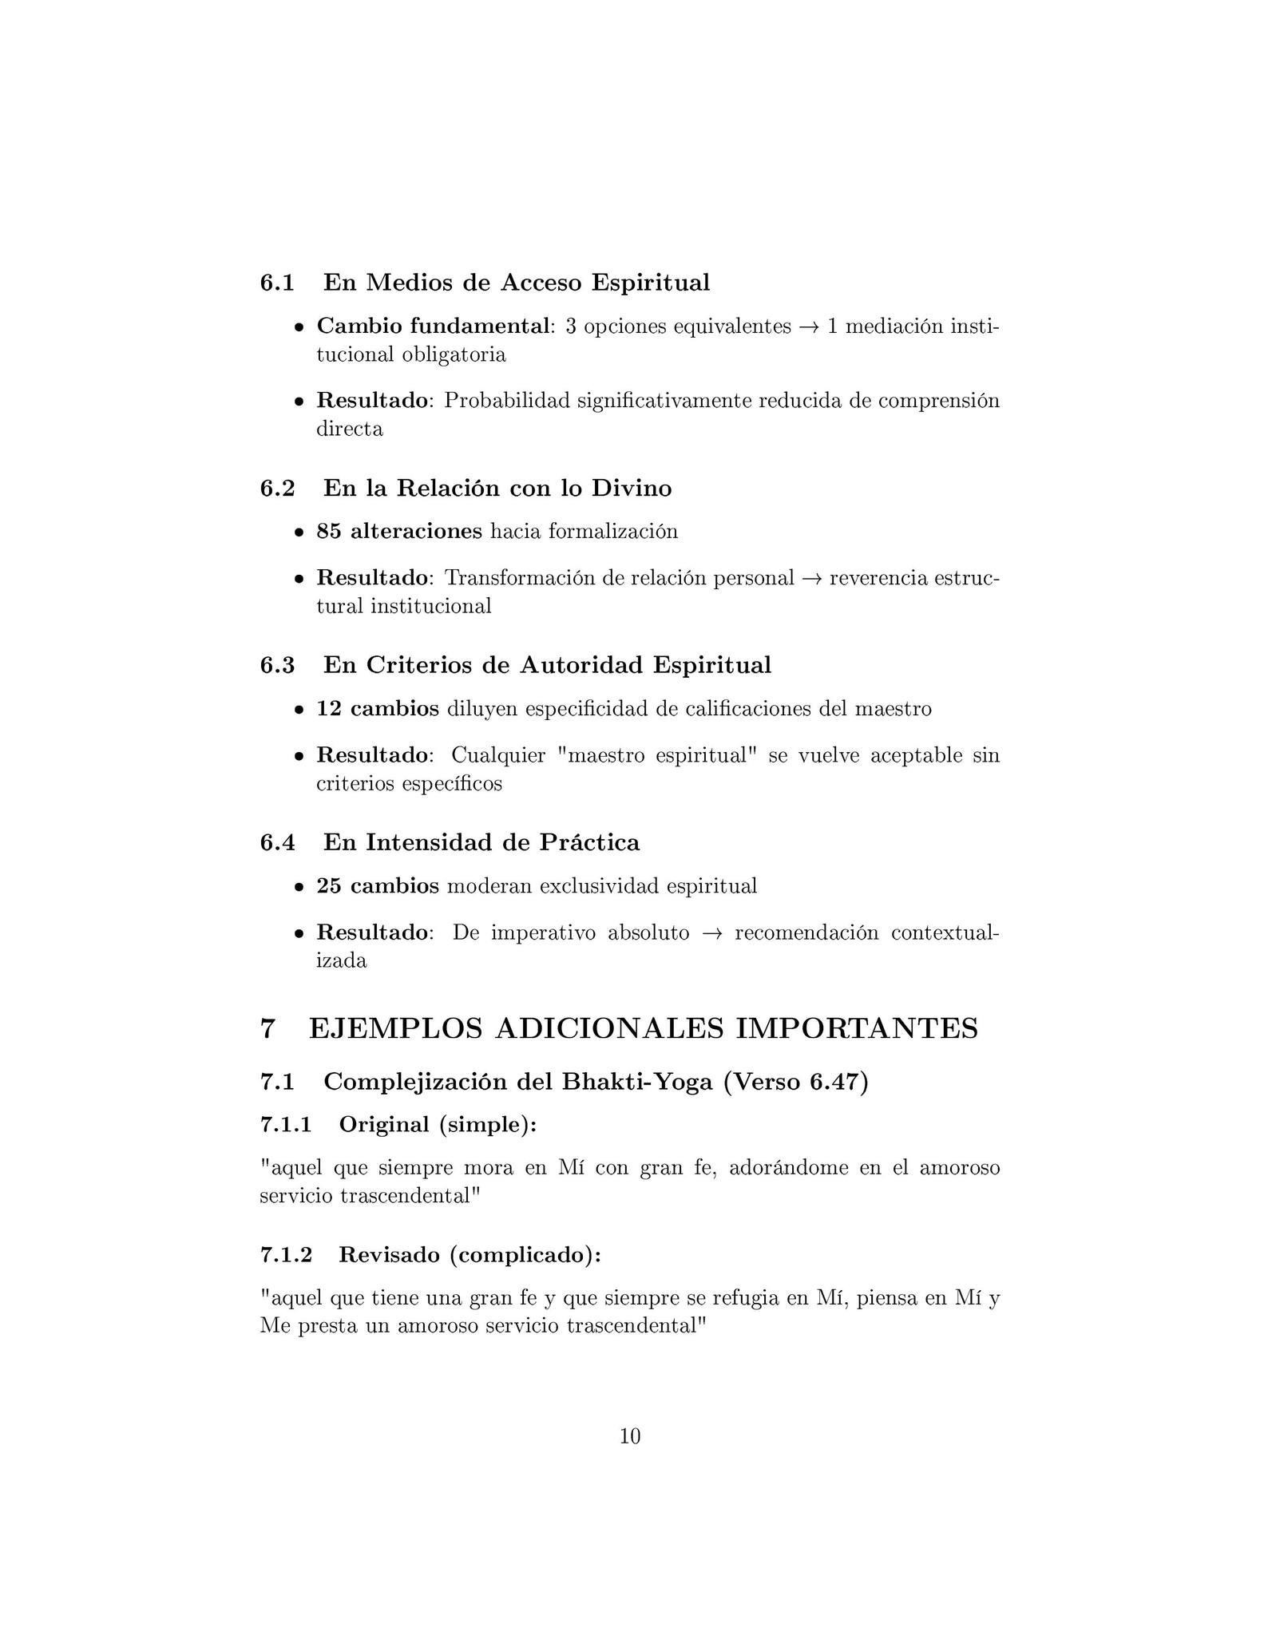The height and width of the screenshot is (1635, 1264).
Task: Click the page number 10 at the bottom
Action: (x=630, y=1436)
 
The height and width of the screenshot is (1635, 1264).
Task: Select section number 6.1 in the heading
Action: (x=277, y=283)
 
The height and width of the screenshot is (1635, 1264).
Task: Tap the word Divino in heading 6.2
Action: (x=632, y=488)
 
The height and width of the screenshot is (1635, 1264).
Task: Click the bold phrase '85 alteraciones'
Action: (x=399, y=532)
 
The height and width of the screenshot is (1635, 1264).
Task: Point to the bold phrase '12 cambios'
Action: (x=378, y=709)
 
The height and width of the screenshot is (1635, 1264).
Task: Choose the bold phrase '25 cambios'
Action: (x=378, y=886)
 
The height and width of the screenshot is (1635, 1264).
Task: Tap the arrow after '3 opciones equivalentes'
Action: (x=809, y=327)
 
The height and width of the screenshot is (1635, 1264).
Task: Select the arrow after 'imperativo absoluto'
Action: (x=711, y=933)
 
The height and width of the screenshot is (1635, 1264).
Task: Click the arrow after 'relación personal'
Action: (x=812, y=578)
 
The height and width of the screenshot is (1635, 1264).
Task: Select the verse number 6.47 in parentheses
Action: (x=834, y=1082)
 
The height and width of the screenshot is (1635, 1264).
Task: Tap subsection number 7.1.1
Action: (x=285, y=1125)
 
